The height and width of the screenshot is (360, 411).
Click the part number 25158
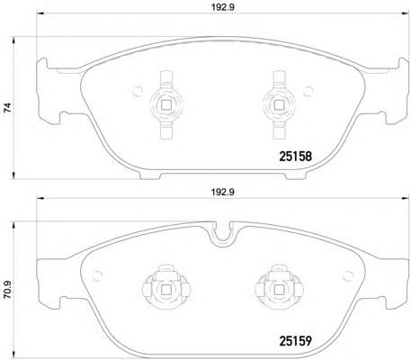296,157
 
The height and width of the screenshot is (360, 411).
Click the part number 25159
296,340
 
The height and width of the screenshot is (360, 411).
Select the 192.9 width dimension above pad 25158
223,7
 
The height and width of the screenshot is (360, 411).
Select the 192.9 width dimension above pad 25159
223,193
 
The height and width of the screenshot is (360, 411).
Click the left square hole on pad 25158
165,104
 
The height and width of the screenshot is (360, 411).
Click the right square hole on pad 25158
280,104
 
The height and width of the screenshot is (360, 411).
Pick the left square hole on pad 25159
165,290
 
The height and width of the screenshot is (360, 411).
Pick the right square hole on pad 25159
280,290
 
